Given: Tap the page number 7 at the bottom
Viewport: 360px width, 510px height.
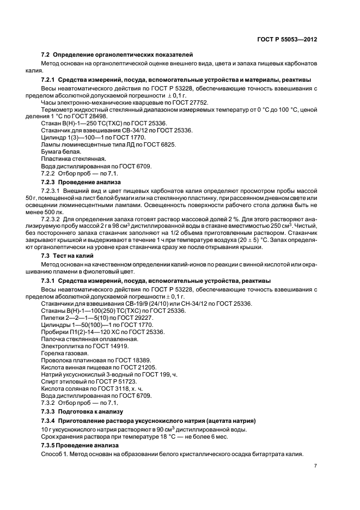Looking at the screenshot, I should (315, 465).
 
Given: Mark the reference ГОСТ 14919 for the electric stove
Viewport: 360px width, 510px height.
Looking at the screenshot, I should (110, 345).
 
